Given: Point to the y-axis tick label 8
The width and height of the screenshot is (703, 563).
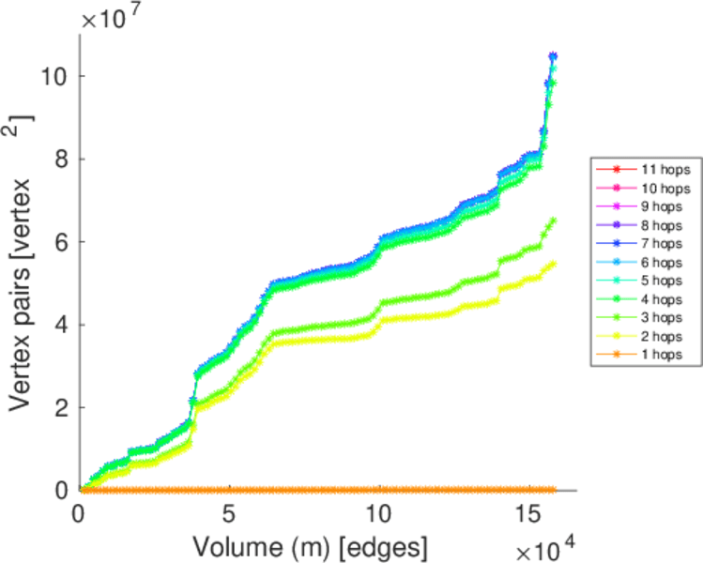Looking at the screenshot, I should (x=61, y=159).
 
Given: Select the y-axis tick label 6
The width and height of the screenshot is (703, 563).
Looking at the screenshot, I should (x=61, y=241).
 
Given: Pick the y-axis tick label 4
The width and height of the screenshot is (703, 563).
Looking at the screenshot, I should (x=61, y=325).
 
